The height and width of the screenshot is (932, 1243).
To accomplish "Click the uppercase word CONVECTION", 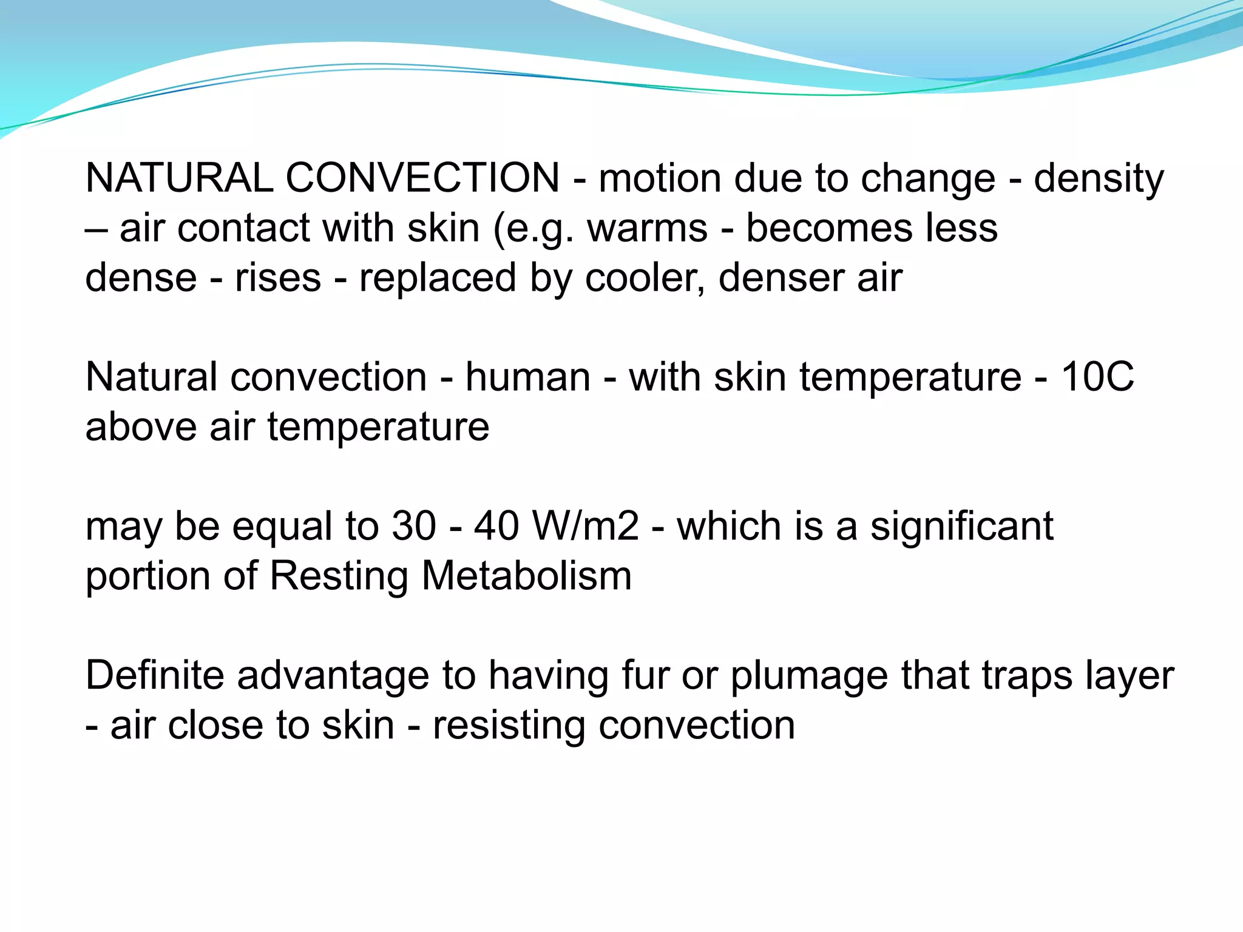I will (422, 178).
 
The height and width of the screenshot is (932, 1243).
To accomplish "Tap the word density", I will (1099, 180).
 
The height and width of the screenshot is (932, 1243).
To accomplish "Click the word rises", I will (278, 279).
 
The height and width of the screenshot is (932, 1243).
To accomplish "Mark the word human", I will (528, 377).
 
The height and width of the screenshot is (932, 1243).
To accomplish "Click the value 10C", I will (1097, 377).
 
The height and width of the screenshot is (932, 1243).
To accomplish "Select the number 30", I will (414, 526).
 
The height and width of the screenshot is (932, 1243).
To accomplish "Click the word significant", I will (961, 526).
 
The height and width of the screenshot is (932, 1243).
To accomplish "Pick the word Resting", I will (339, 576).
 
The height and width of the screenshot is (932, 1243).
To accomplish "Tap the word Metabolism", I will (526, 576).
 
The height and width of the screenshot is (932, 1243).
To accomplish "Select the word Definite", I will (155, 675).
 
